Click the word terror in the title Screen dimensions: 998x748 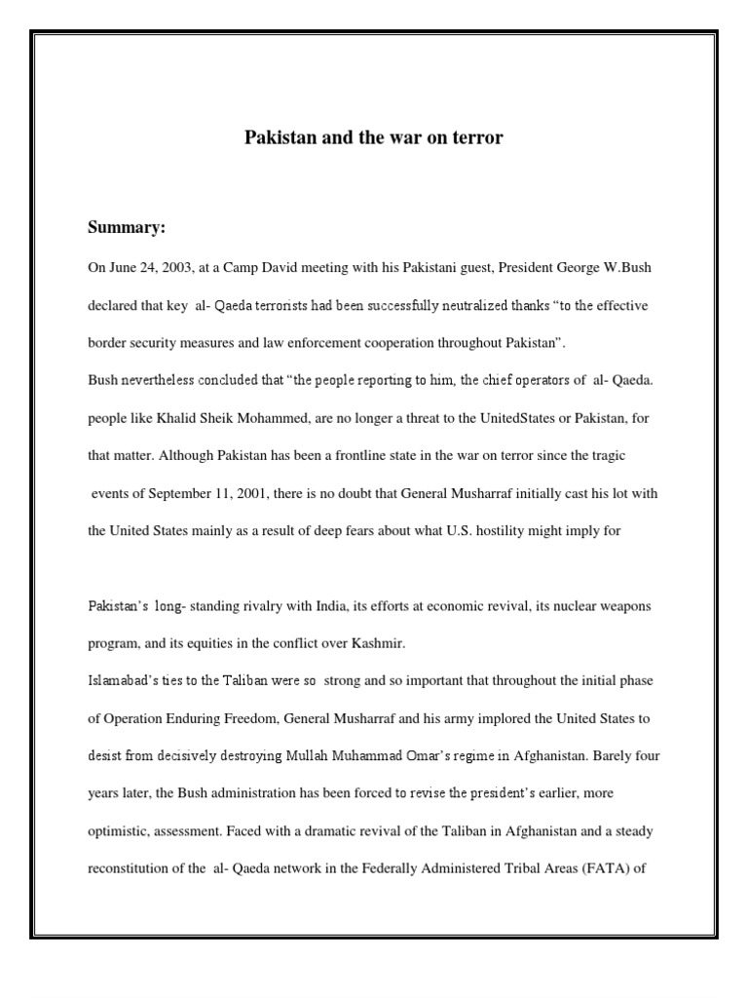pos(477,138)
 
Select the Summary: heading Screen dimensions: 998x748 pos(128,228)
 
